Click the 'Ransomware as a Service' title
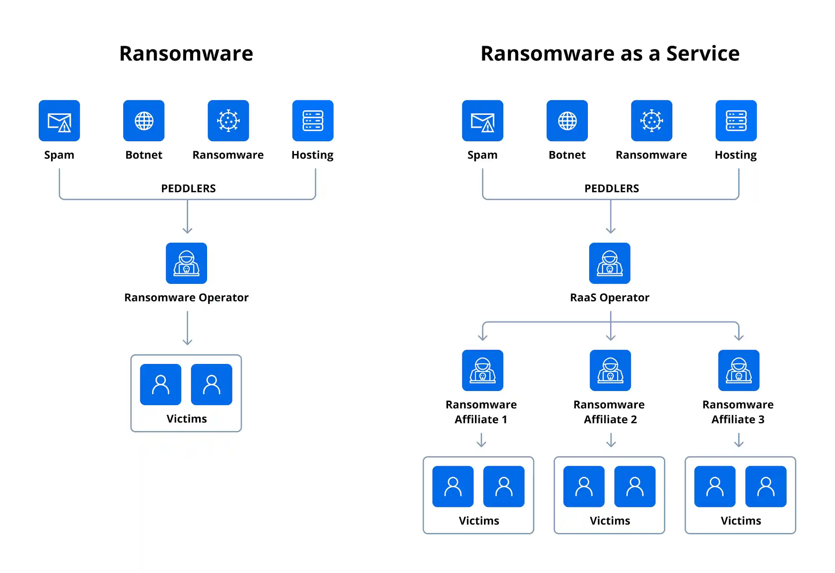[x=610, y=54]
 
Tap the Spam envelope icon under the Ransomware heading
[x=59, y=121]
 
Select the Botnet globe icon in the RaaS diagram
[x=567, y=121]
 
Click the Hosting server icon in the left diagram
[x=313, y=121]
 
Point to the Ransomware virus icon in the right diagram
[x=651, y=121]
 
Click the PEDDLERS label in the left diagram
[x=188, y=188]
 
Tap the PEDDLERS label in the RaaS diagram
[x=612, y=188]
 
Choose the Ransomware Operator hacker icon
[x=186, y=263]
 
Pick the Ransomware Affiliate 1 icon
[x=482, y=370]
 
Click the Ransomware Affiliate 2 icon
[x=610, y=370]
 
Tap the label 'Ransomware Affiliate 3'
[x=738, y=412]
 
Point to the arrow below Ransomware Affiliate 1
[x=481, y=440]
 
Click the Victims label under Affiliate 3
[x=740, y=521]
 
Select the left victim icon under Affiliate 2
[x=584, y=487]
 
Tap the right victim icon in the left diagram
[x=211, y=384]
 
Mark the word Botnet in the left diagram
[x=144, y=155]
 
